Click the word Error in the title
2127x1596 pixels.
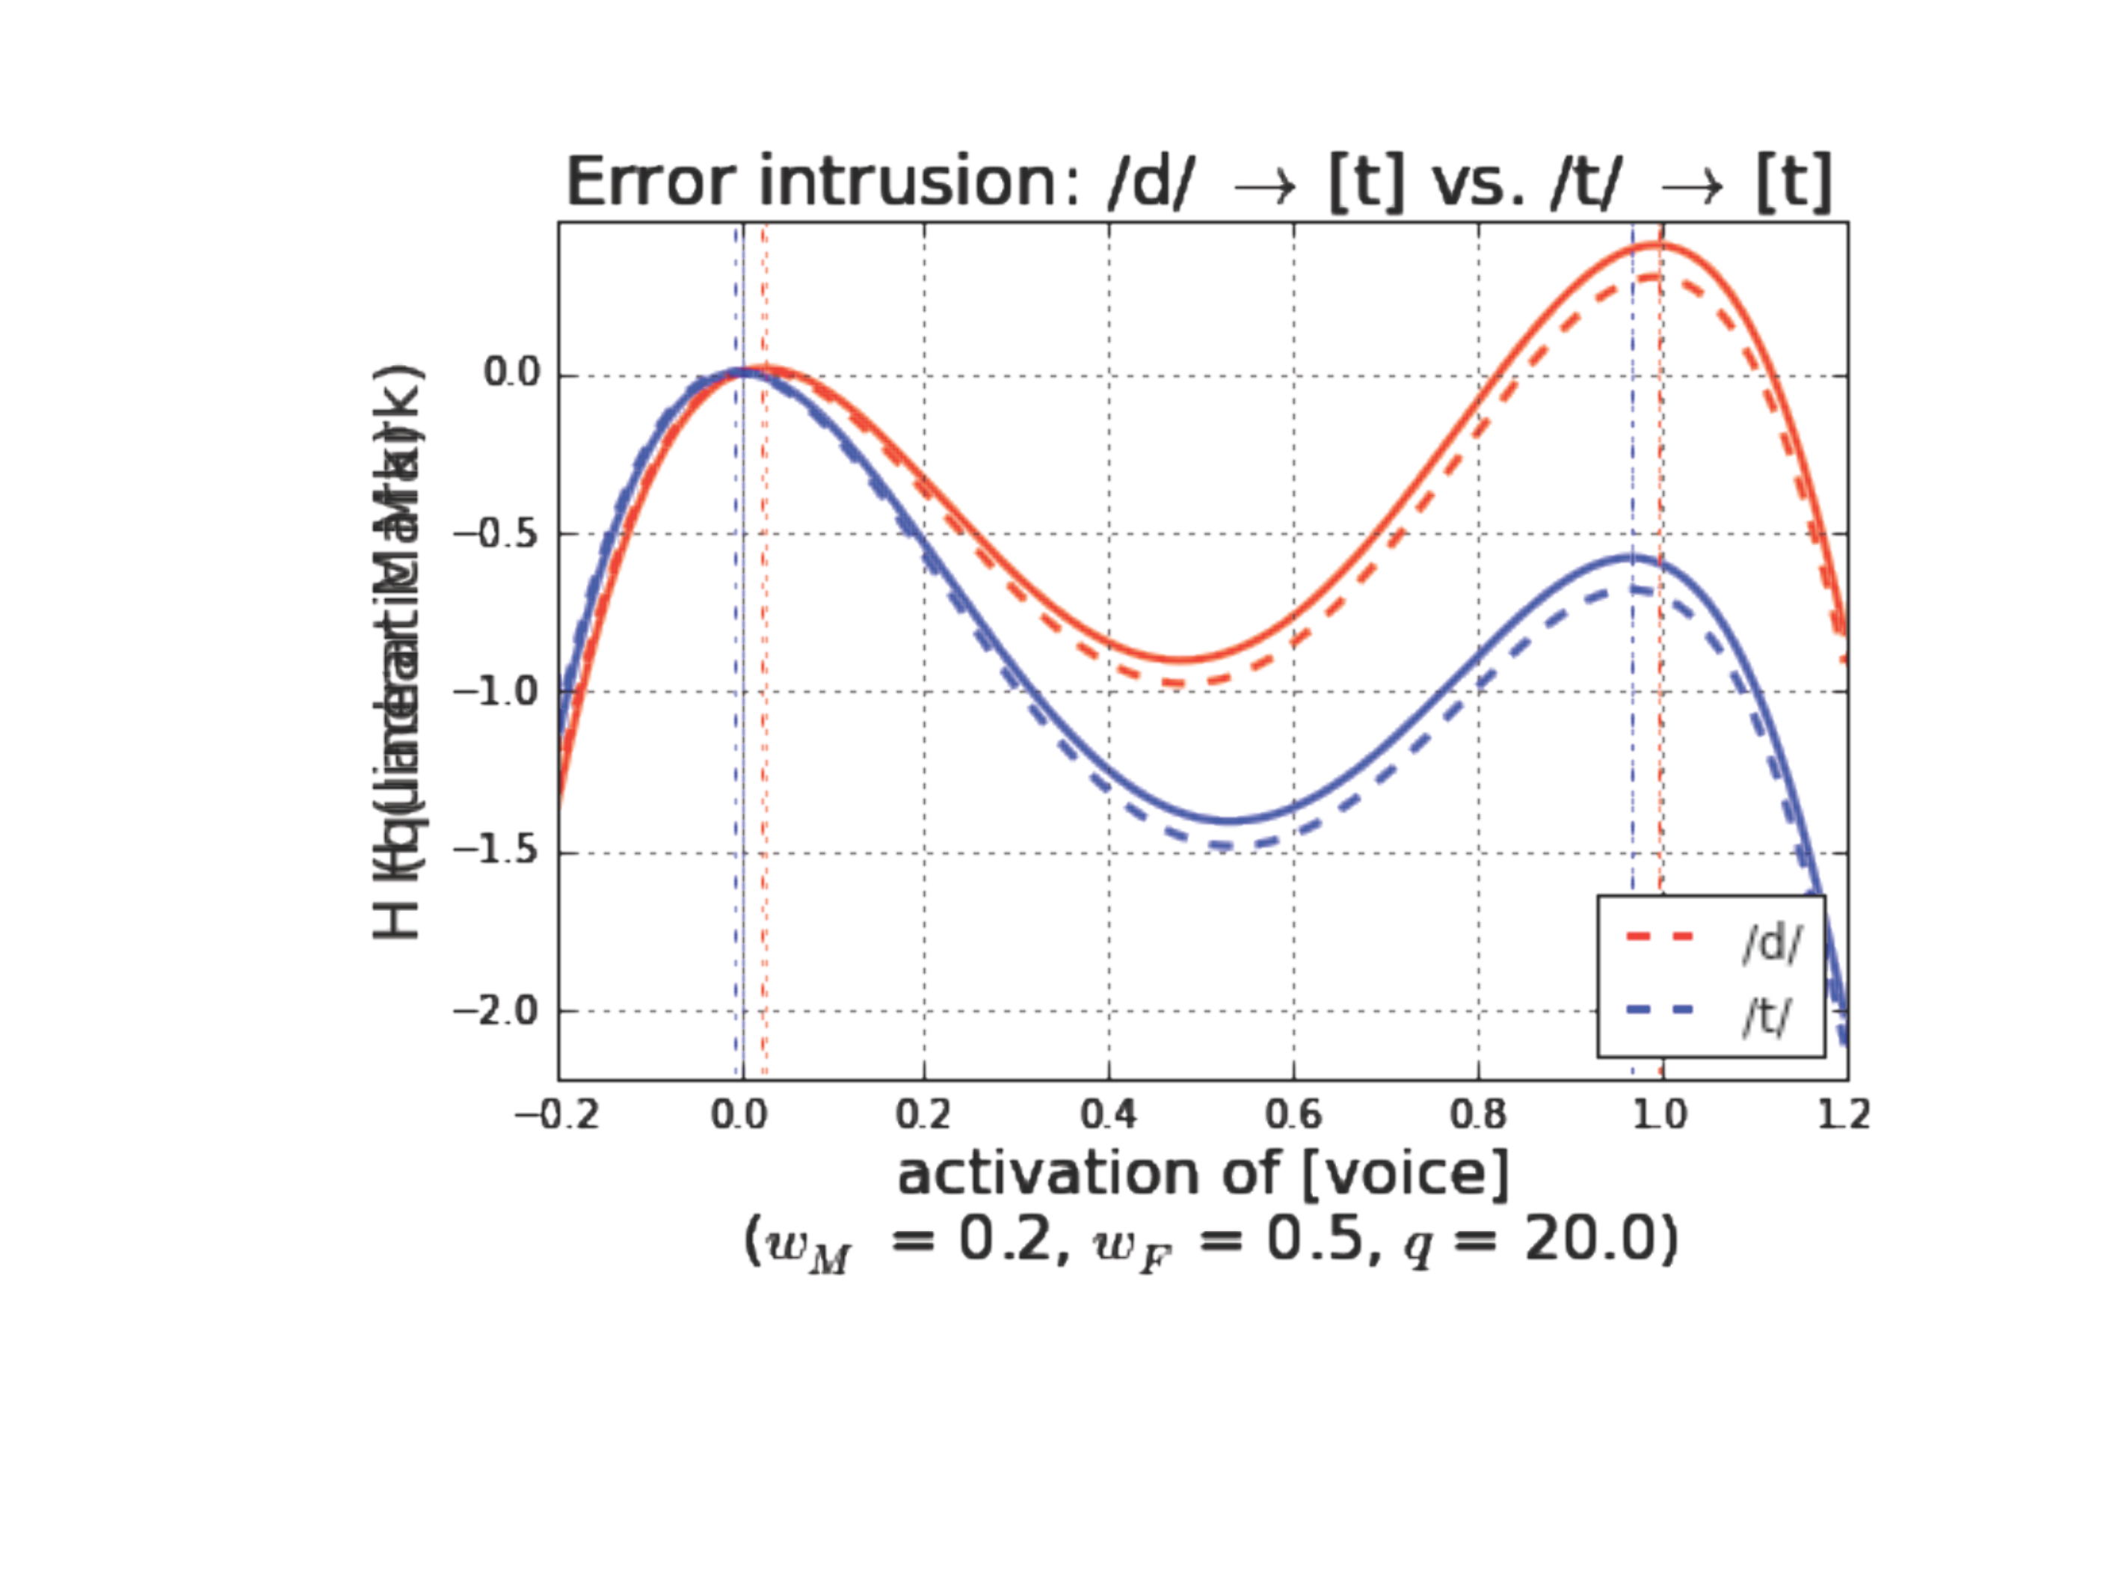pyautogui.click(x=652, y=181)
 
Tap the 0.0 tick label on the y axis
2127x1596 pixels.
pyautogui.click(x=511, y=373)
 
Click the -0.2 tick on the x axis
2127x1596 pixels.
pyautogui.click(x=558, y=1116)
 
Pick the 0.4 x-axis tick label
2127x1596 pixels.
pyautogui.click(x=1109, y=1116)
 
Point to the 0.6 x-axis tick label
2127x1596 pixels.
pyautogui.click(x=1293, y=1116)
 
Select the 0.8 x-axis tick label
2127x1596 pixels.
pyautogui.click(x=1478, y=1116)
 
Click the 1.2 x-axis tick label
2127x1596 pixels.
pyautogui.click(x=1844, y=1116)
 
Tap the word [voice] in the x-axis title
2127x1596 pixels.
pyautogui.click(x=1405, y=1176)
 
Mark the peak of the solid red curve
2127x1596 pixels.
pyautogui.click(x=1657, y=245)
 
